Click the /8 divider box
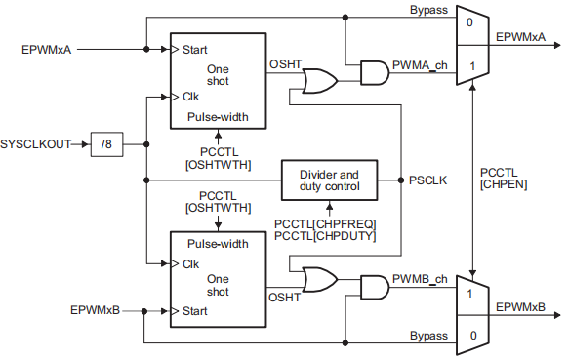106,145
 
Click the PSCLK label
427,180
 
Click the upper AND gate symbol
374,72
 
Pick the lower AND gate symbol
374,287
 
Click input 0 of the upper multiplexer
471,21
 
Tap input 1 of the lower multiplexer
471,293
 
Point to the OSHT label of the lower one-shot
284,298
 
